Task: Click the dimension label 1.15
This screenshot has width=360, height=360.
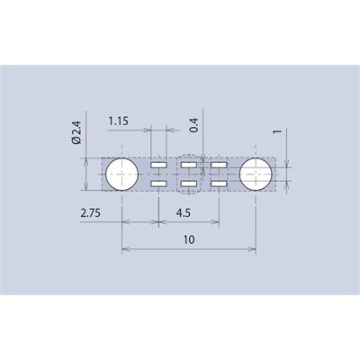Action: [x=118, y=121]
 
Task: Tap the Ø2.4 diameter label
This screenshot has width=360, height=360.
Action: [x=76, y=132]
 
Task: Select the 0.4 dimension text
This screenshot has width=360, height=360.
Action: [x=194, y=125]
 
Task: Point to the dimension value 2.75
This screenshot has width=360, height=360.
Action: [x=90, y=213]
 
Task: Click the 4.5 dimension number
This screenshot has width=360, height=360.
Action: [x=184, y=213]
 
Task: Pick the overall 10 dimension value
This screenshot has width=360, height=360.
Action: [x=189, y=239]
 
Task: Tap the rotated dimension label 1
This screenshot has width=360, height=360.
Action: [x=278, y=131]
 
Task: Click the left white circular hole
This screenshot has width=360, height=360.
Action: [x=122, y=174]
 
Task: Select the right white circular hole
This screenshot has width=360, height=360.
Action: [x=256, y=174]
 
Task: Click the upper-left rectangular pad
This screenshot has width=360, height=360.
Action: [x=158, y=165]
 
